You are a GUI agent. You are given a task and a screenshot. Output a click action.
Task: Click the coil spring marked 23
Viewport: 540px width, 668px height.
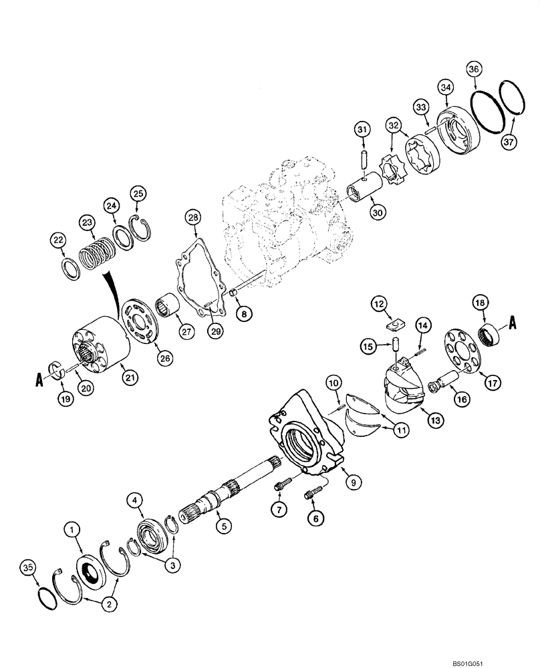coord(98,255)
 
